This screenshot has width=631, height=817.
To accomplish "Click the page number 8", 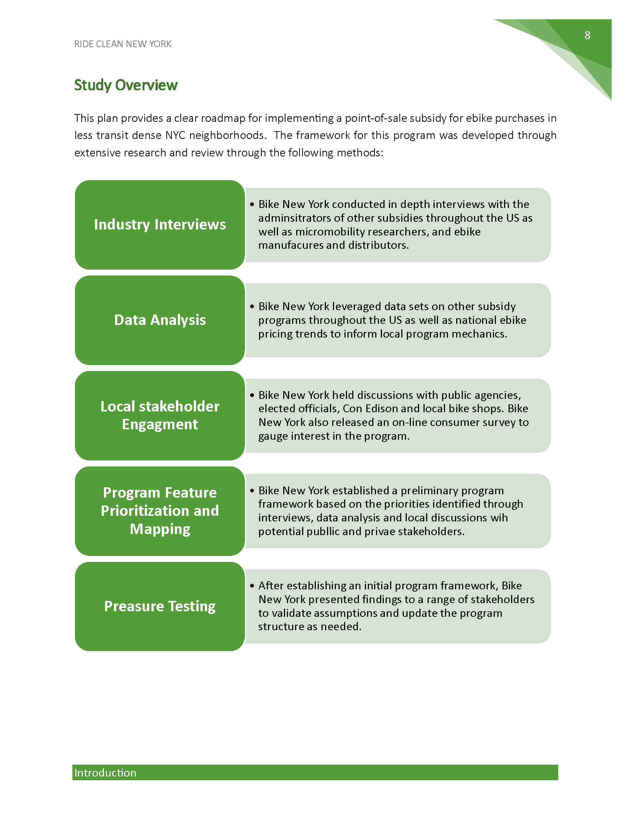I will coord(587,35).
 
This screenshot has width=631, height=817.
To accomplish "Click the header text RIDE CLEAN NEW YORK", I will coord(122,44).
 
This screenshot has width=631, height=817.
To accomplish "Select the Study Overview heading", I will coord(125,85).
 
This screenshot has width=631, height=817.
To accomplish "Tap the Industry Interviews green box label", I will coord(160,224).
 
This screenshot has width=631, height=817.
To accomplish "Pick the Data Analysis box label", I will coord(160,320).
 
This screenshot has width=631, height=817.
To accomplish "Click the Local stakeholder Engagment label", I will coord(160,415).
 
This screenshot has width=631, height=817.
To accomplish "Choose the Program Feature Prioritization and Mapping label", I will coord(160,511).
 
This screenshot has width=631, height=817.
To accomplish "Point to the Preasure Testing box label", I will coord(160,606).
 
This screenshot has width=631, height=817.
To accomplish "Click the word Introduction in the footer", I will coord(105,772).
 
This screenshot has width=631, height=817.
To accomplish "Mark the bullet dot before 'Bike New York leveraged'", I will coord(252,306).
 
